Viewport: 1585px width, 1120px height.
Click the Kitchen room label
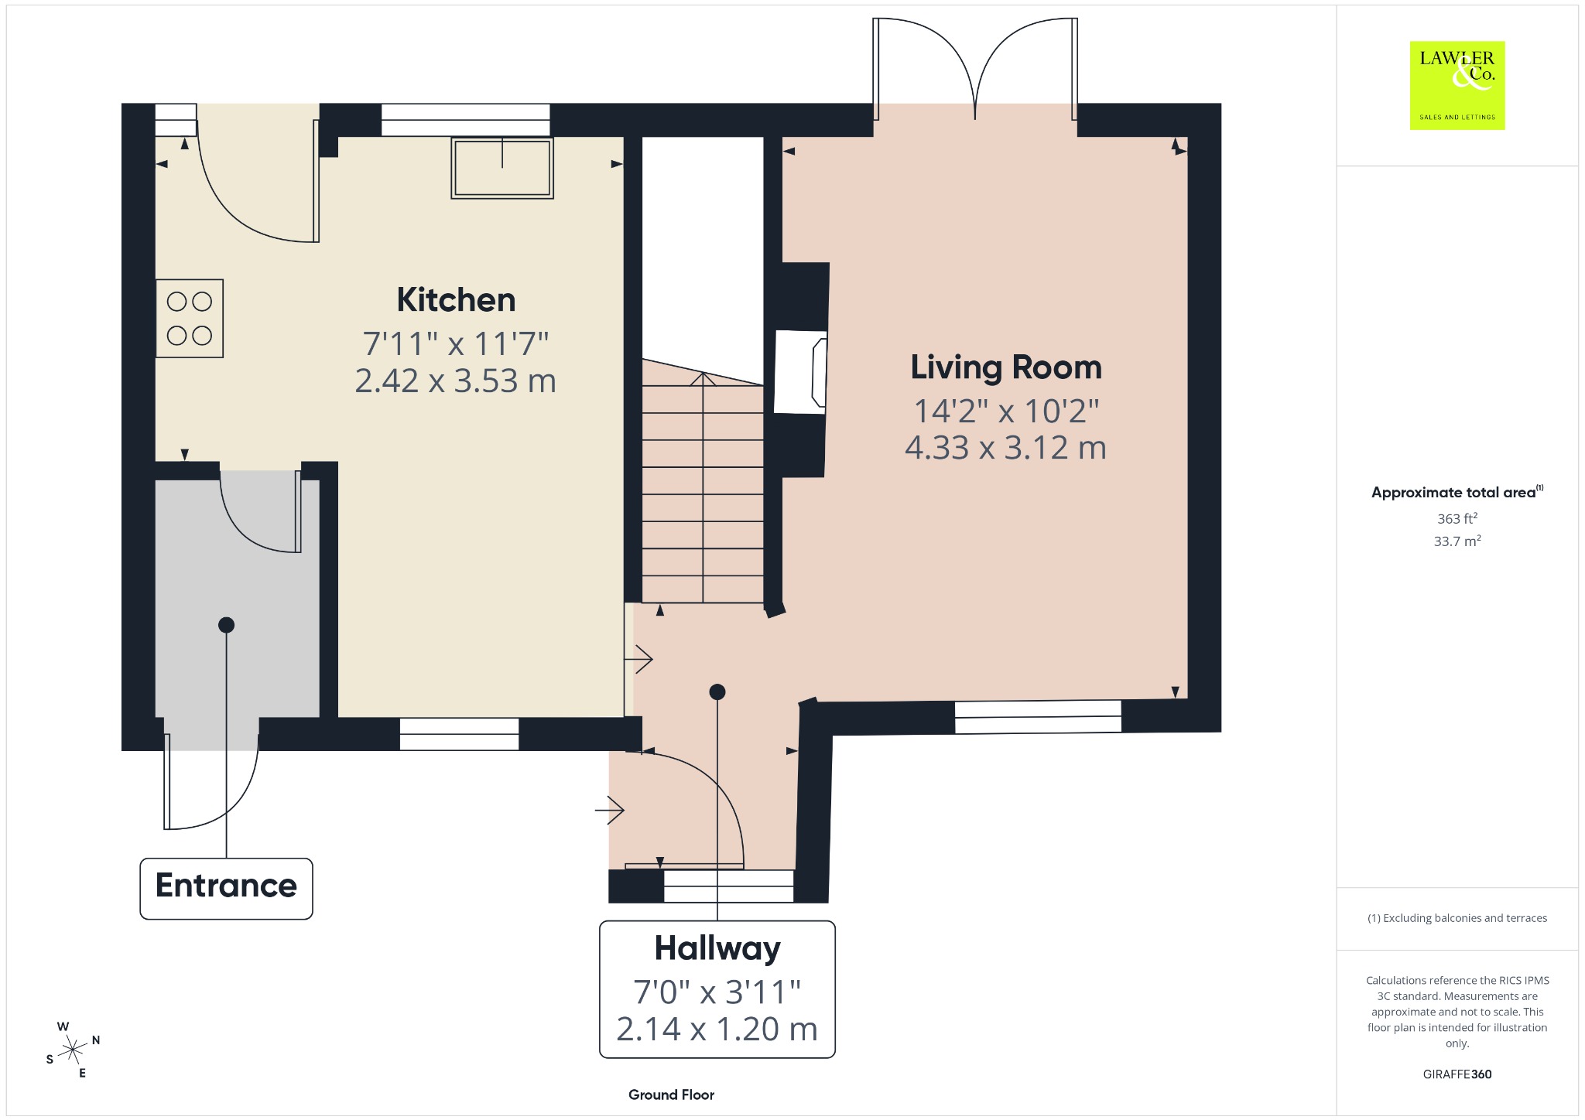(456, 300)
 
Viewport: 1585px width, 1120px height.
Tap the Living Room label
(1006, 367)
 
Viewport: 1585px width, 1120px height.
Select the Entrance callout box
(226, 888)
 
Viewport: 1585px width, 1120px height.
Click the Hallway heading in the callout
(717, 949)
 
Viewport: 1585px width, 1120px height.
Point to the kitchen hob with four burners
(190, 318)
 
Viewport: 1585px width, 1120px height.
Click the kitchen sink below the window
(502, 168)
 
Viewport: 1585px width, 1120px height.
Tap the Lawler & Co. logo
(1457, 85)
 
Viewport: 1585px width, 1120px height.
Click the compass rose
(73, 1050)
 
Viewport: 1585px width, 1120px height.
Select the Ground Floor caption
(671, 1094)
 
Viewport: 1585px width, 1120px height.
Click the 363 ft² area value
(1457, 518)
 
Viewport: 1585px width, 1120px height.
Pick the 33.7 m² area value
(1457, 541)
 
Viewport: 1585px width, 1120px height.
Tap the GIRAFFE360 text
(1457, 1074)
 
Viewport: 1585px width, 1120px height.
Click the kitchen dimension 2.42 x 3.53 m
(456, 381)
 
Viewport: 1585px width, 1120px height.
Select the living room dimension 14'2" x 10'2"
(1006, 411)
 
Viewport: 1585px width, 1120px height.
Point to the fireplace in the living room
(801, 372)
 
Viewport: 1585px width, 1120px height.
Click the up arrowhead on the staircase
(703, 379)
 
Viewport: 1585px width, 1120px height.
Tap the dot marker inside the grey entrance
(226, 625)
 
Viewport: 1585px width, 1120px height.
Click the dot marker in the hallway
(717, 691)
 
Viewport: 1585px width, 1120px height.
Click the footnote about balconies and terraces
(1457, 918)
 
